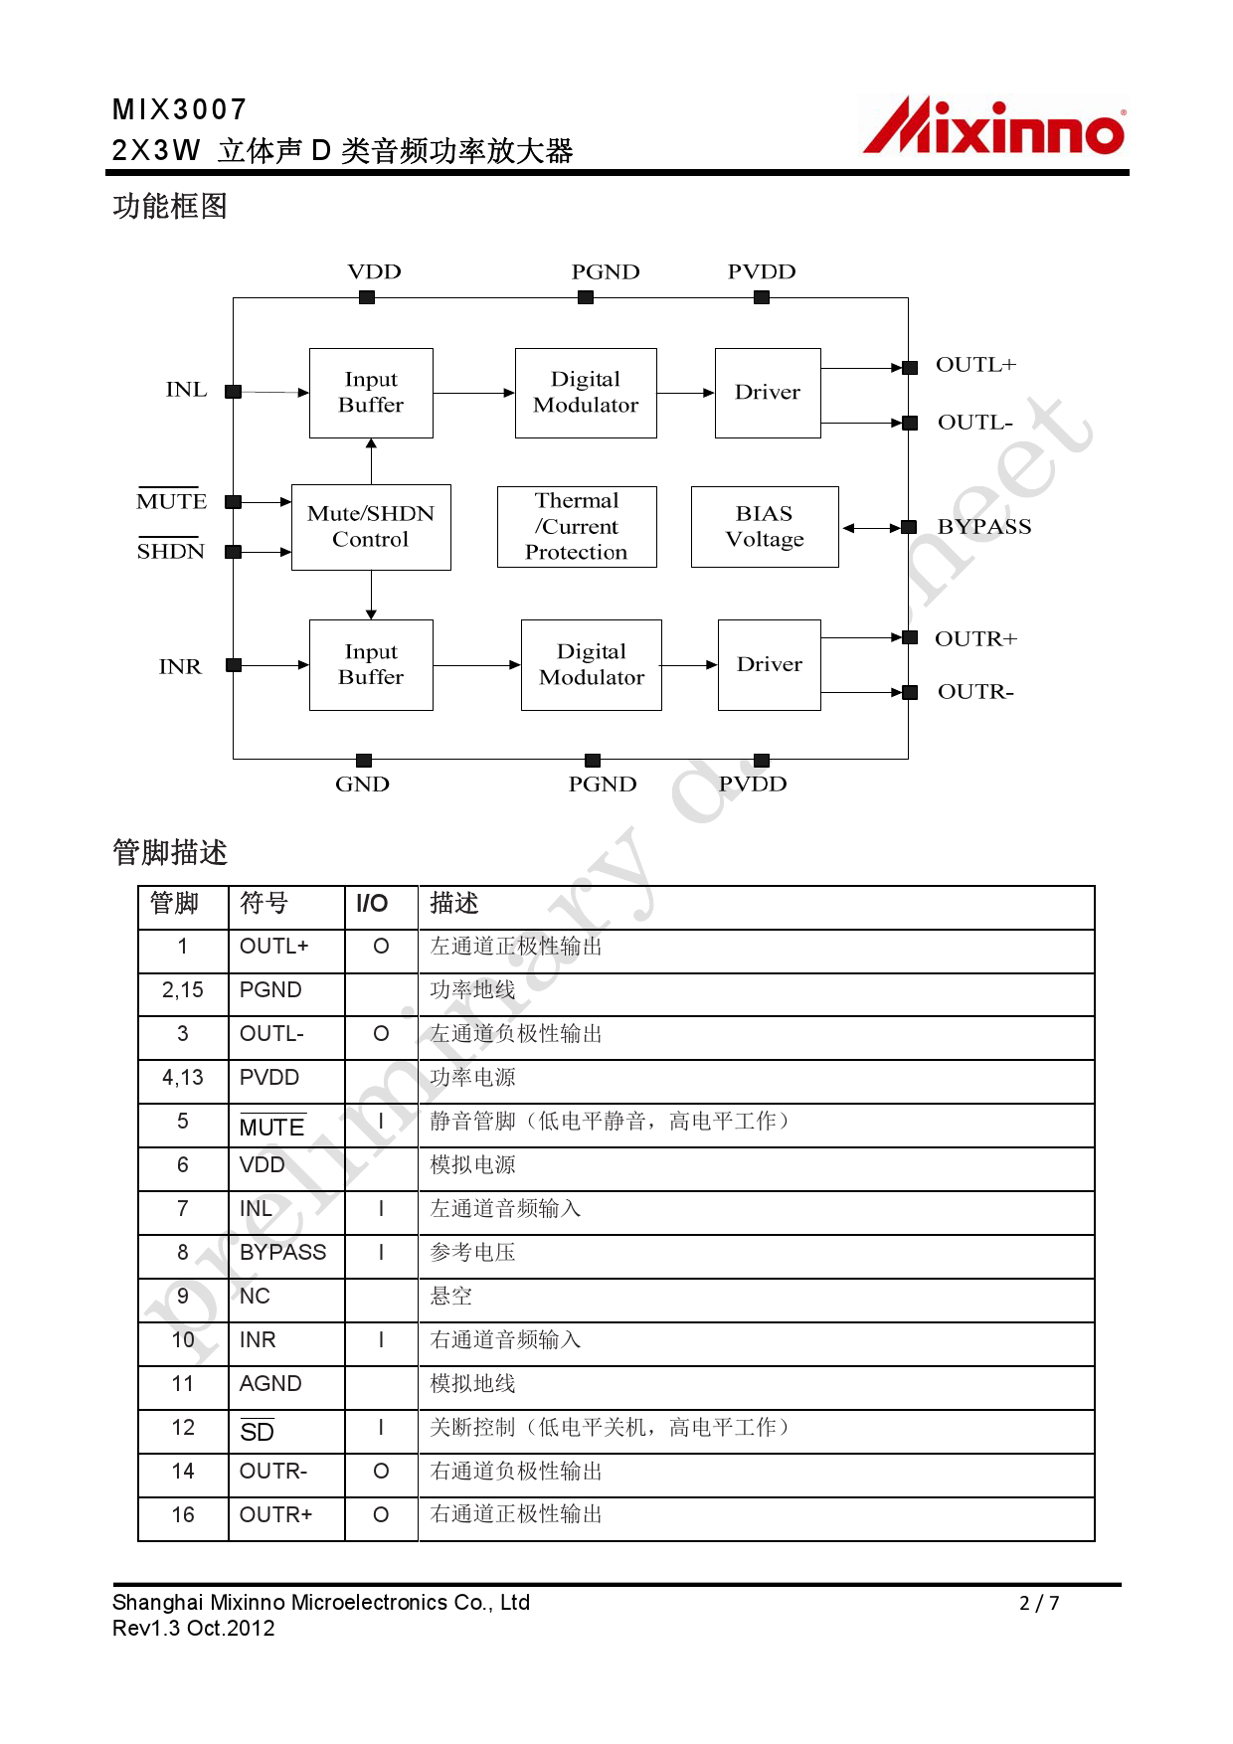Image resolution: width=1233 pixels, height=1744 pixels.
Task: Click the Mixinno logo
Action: pyautogui.click(x=994, y=127)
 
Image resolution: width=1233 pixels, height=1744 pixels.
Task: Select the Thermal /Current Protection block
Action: pyautogui.click(x=577, y=527)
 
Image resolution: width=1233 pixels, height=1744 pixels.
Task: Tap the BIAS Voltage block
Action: pyautogui.click(x=765, y=527)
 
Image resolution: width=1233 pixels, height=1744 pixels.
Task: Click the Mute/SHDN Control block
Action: pyautogui.click(x=371, y=527)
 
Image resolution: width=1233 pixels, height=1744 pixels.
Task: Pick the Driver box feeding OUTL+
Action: pyautogui.click(x=768, y=393)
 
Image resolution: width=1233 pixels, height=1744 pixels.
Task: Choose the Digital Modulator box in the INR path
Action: pyautogui.click(x=592, y=664)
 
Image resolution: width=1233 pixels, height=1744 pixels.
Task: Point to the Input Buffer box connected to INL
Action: pyautogui.click(x=371, y=393)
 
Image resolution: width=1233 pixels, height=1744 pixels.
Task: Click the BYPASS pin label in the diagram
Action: pyautogui.click(x=984, y=527)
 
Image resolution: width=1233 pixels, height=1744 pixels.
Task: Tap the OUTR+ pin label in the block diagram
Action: pyautogui.click(x=975, y=638)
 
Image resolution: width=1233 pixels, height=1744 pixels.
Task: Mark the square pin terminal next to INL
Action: pyautogui.click(x=234, y=392)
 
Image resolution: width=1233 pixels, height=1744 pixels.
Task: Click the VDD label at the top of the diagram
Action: pyautogui.click(x=374, y=271)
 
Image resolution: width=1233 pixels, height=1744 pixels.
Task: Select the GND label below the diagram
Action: pyautogui.click(x=362, y=784)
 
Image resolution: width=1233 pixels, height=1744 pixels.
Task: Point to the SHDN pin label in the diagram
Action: pyautogui.click(x=171, y=552)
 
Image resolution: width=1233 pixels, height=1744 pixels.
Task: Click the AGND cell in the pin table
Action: pyautogui.click(x=270, y=1383)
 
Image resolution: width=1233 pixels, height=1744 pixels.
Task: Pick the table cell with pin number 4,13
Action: pyautogui.click(x=183, y=1077)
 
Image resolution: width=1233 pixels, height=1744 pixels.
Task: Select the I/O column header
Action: pyautogui.click(x=372, y=903)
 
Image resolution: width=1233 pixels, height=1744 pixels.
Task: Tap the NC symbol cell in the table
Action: pyautogui.click(x=255, y=1296)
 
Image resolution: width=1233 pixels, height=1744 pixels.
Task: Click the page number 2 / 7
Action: pyautogui.click(x=1039, y=1603)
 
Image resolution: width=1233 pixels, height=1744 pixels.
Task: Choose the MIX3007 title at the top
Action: pyautogui.click(x=180, y=109)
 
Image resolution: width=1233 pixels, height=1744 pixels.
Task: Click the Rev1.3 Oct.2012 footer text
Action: pyautogui.click(x=194, y=1629)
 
